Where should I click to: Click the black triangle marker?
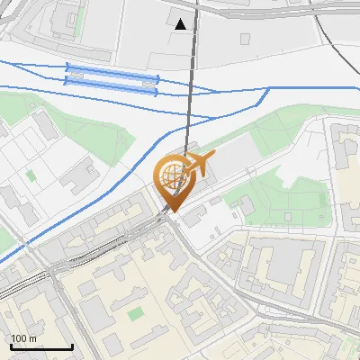click(x=182, y=24)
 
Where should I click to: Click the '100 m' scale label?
click(x=23, y=338)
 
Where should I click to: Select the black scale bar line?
click(x=41, y=347)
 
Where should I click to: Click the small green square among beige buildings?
click(x=136, y=314)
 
